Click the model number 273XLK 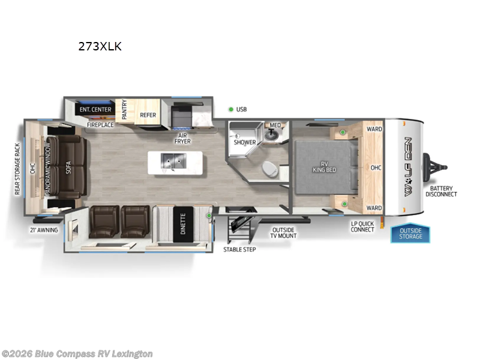(100, 46)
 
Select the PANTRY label (125, 110)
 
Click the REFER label (148, 115)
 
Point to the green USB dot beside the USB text (230, 109)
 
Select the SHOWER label (245, 142)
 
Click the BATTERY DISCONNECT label (441, 191)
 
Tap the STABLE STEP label (239, 249)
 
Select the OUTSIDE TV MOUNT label (284, 232)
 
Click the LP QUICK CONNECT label (362, 227)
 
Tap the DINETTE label (181, 224)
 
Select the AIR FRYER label (182, 137)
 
